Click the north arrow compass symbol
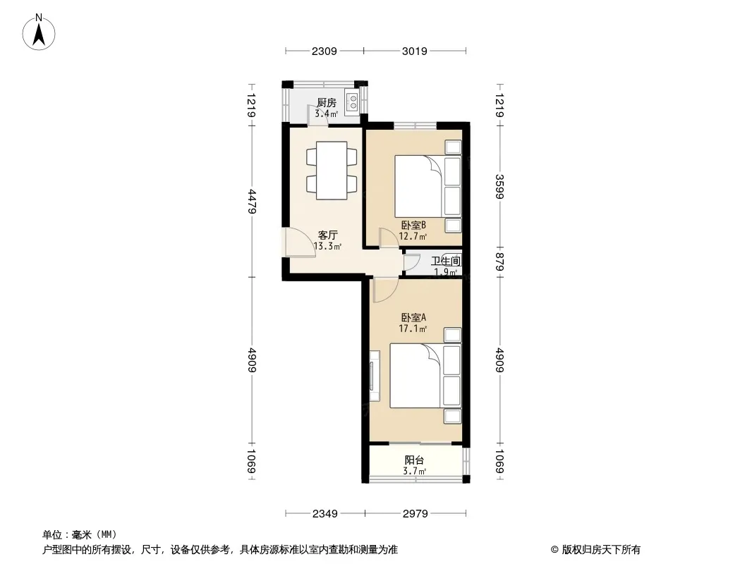tap(39, 32)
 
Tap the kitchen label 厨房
tap(327, 102)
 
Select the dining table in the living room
tap(332, 170)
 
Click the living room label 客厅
tap(328, 235)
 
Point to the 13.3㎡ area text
tap(327, 246)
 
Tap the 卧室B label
tap(413, 225)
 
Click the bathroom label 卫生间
tap(446, 261)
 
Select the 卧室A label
tap(413, 317)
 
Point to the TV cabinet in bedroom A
tap(375, 376)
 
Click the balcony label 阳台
tap(414, 460)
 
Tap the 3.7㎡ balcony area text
tap(414, 471)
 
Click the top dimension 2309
tap(325, 51)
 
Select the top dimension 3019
tap(414, 51)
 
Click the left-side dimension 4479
tap(253, 202)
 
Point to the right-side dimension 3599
tap(499, 187)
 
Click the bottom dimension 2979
tap(415, 514)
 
